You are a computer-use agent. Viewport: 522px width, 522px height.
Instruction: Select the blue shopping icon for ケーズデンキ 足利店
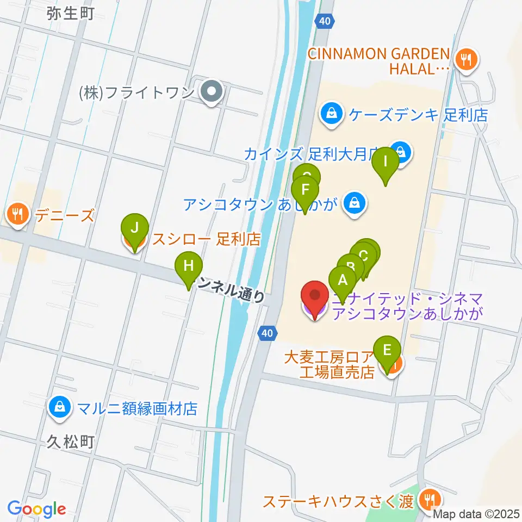click(331, 114)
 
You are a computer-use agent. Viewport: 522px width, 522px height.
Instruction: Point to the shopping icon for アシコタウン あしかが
click(355, 205)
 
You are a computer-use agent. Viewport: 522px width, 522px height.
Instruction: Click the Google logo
click(37, 509)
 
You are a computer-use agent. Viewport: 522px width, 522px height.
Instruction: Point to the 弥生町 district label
click(71, 13)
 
